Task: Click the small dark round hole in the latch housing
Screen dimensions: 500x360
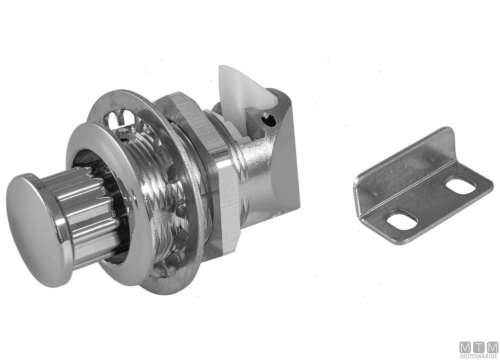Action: point(269,120)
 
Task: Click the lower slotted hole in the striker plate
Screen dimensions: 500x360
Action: point(402,220)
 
